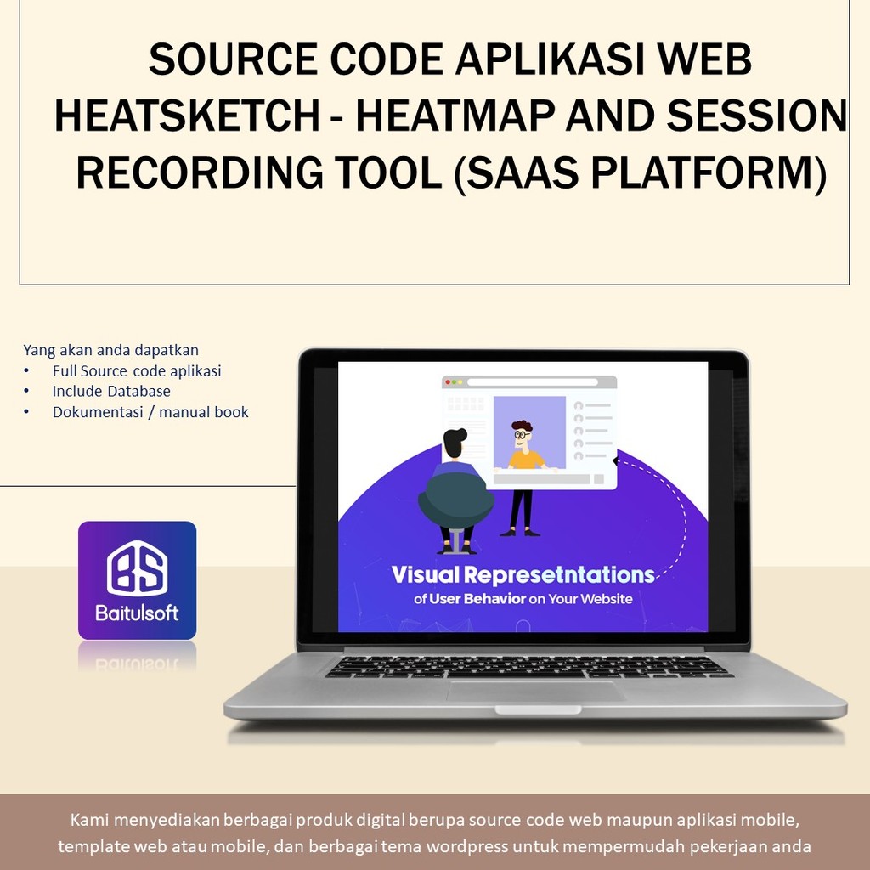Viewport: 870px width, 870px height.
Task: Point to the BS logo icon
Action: [x=137, y=568]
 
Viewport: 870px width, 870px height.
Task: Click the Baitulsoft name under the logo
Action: [x=137, y=613]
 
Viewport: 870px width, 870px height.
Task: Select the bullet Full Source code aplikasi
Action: [x=136, y=371]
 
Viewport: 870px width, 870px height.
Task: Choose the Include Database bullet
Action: [x=111, y=392]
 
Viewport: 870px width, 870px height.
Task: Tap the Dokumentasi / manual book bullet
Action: [x=150, y=412]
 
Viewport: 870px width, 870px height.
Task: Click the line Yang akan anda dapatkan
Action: [x=111, y=350]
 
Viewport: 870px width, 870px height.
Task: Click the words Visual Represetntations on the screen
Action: [x=523, y=575]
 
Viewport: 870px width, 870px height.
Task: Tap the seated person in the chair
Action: [x=455, y=493]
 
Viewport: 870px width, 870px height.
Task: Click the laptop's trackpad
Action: [x=535, y=691]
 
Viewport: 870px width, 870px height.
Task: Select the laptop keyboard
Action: [x=528, y=667]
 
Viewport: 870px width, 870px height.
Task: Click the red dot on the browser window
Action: [x=448, y=382]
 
